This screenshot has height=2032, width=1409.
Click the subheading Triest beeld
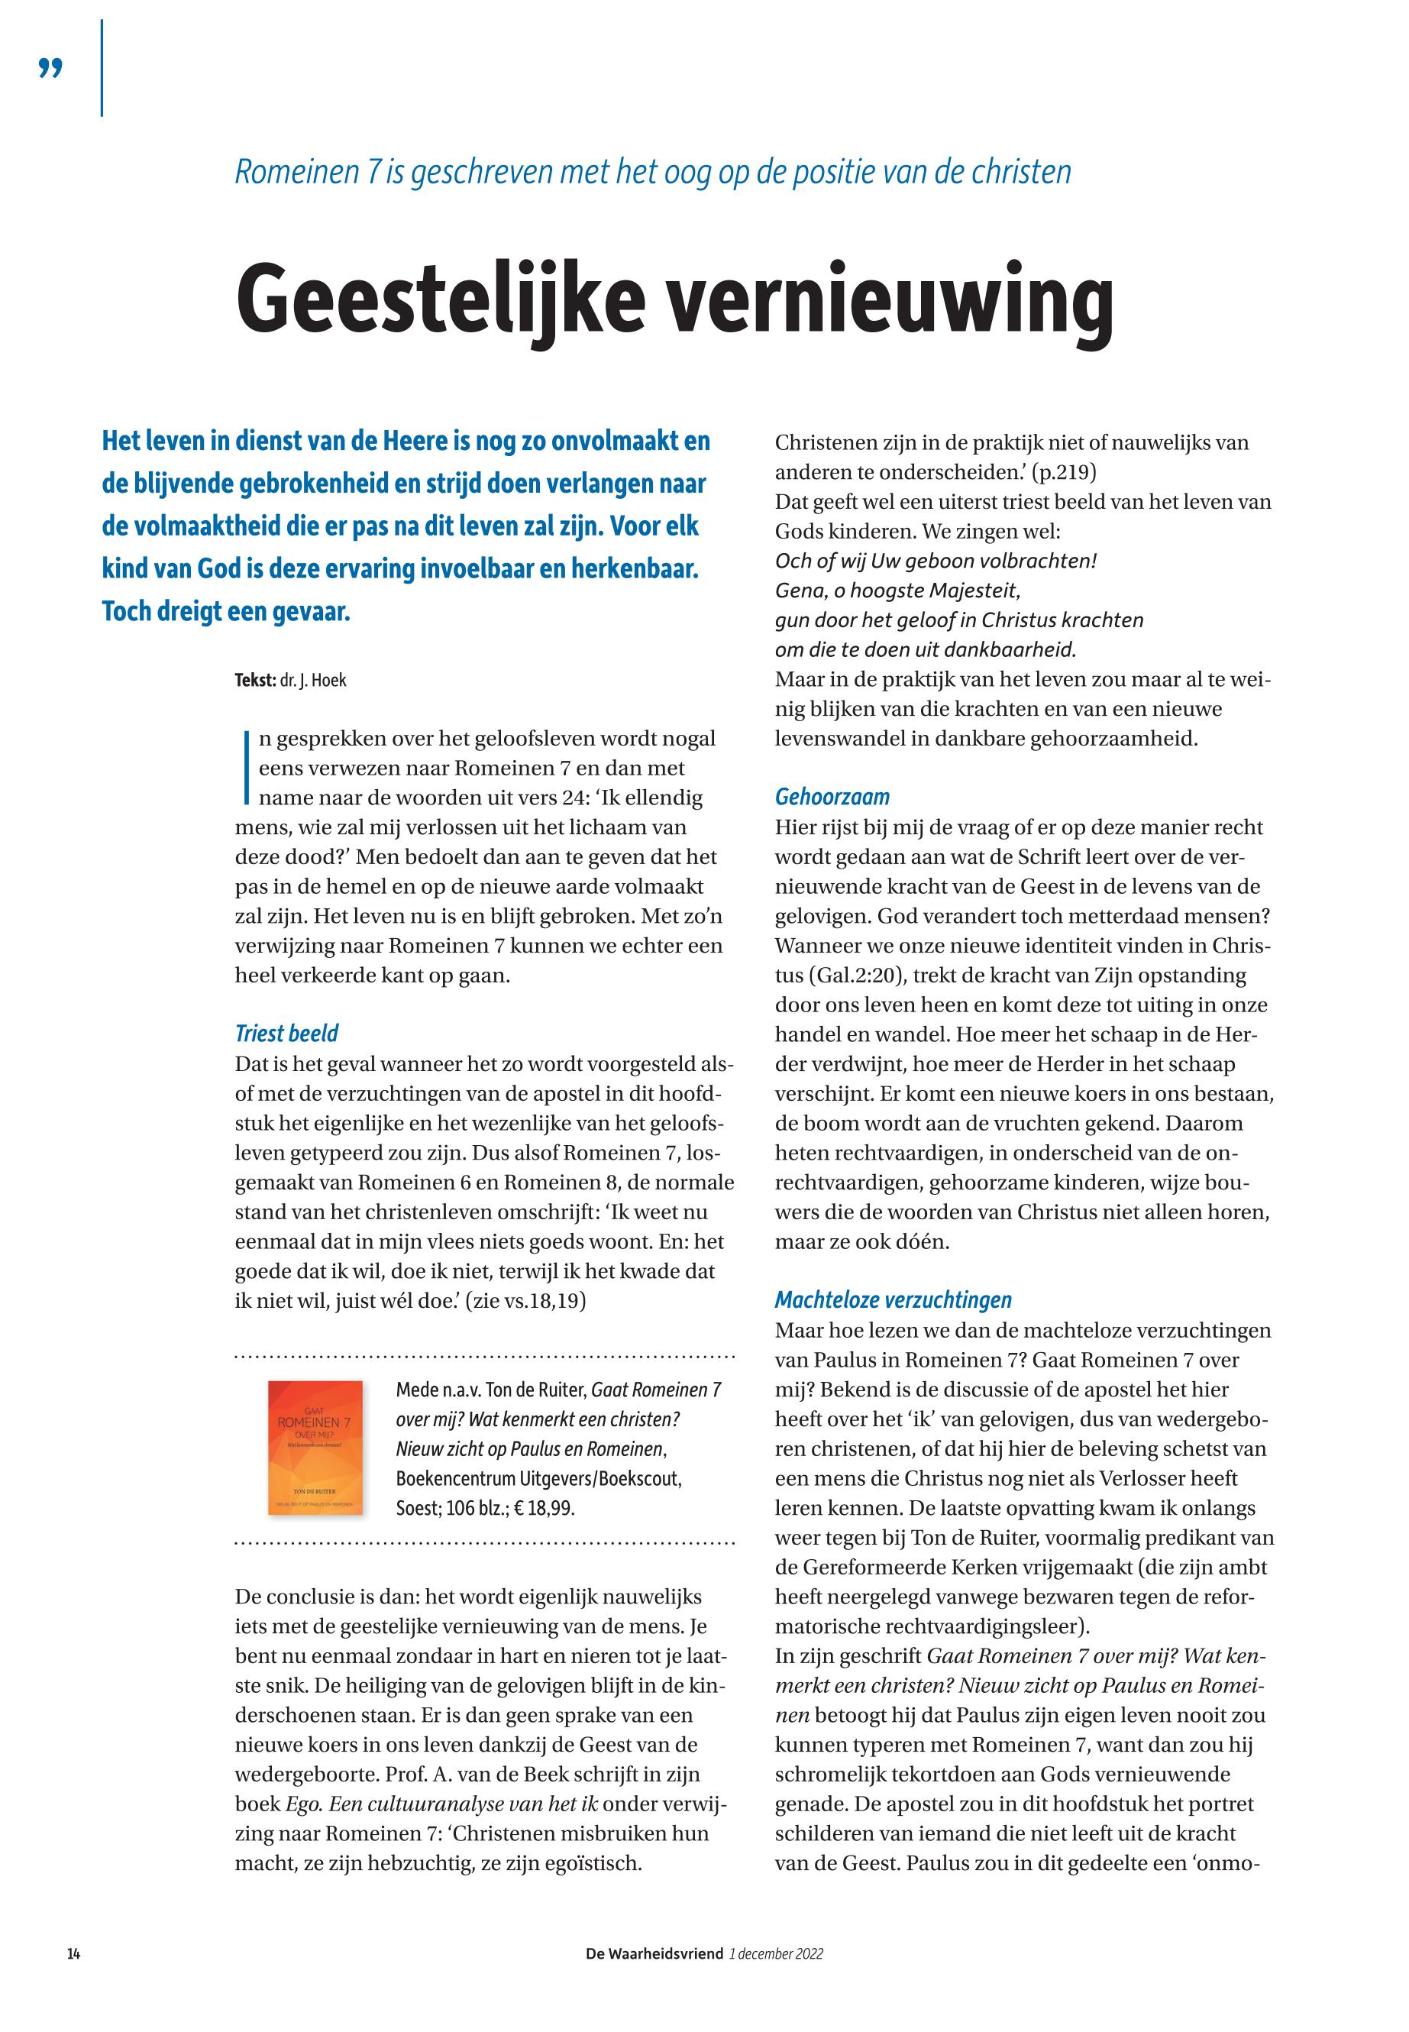[286, 1034]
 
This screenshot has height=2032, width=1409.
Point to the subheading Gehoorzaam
[832, 798]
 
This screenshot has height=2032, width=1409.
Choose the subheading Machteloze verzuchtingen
[893, 1300]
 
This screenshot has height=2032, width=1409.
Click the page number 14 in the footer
[74, 1953]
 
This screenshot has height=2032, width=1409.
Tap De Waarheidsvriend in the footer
[654, 1953]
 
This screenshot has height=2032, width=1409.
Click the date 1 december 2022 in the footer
[776, 1953]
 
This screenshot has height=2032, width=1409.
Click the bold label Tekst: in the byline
[255, 681]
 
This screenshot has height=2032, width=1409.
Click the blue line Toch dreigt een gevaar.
[226, 611]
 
